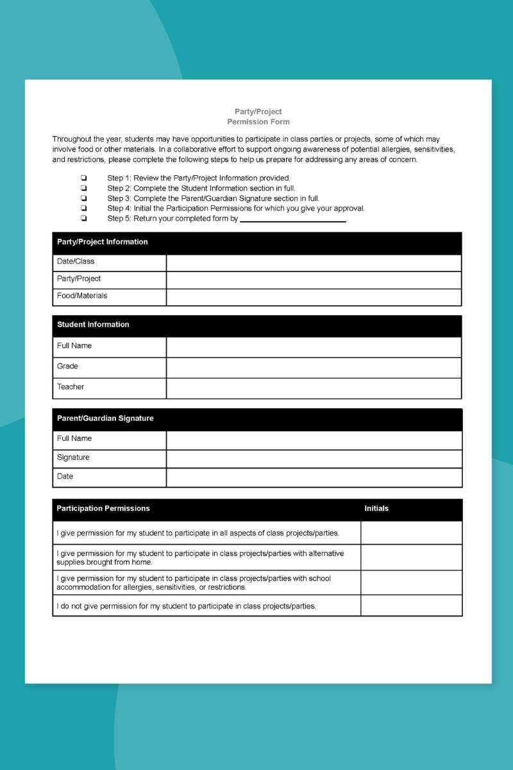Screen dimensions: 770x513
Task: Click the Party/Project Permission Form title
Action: [x=258, y=116]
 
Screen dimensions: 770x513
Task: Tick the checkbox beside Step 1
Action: [x=83, y=178]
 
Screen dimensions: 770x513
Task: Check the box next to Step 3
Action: [x=83, y=198]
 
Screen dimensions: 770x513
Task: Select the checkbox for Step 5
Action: [x=83, y=219]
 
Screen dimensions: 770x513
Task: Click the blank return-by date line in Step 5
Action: [x=292, y=219]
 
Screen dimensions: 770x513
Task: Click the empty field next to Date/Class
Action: [x=314, y=262]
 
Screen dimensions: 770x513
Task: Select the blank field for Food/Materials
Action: [x=314, y=296]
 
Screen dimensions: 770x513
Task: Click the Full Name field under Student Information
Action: [x=314, y=346]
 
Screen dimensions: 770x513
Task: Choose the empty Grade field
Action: [x=314, y=367]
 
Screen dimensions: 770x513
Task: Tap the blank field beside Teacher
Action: [x=314, y=388]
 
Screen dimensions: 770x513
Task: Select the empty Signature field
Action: [x=314, y=458]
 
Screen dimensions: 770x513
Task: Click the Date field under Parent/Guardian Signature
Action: [x=314, y=477]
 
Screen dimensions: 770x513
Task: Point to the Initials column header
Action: [x=376, y=509]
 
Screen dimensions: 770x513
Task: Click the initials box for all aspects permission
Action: [x=411, y=533]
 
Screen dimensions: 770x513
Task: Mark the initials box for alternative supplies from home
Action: [x=411, y=557]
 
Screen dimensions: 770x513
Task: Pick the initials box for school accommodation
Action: [x=411, y=582]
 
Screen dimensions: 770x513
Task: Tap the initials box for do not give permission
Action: [x=411, y=605]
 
